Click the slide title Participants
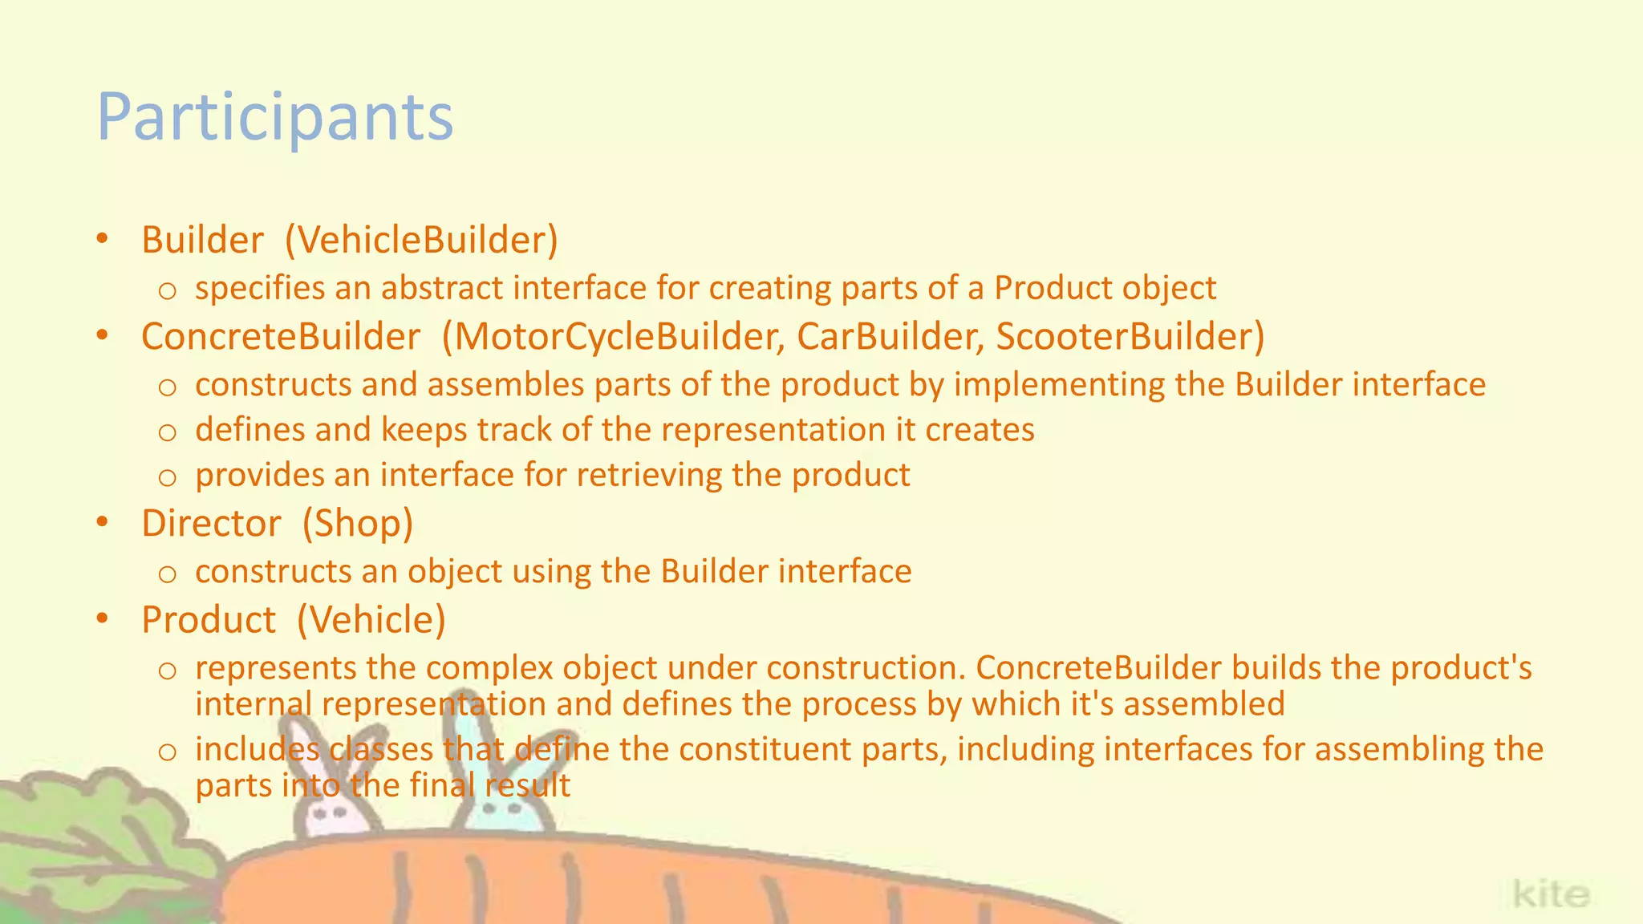tap(275, 118)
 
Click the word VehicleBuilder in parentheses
tap(421, 240)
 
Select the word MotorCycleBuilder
tap(619, 337)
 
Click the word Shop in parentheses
tap(357, 524)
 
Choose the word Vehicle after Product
tap(371, 620)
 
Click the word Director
tap(211, 524)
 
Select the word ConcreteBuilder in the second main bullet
tap(281, 337)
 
